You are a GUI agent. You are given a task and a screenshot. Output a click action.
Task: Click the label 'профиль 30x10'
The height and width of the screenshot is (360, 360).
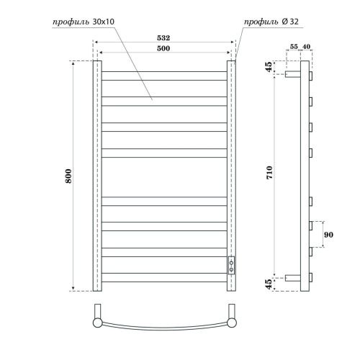(82, 22)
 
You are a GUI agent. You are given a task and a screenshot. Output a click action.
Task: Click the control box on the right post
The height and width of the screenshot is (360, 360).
(231, 264)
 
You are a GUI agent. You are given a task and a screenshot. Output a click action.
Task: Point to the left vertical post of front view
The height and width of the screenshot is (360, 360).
(96, 176)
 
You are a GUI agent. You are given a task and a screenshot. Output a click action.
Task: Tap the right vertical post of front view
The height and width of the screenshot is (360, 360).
(232, 166)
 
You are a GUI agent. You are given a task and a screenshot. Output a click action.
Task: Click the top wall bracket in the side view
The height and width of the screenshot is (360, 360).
(294, 74)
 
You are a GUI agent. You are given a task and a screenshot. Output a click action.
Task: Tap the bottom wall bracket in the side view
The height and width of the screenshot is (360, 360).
(294, 277)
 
